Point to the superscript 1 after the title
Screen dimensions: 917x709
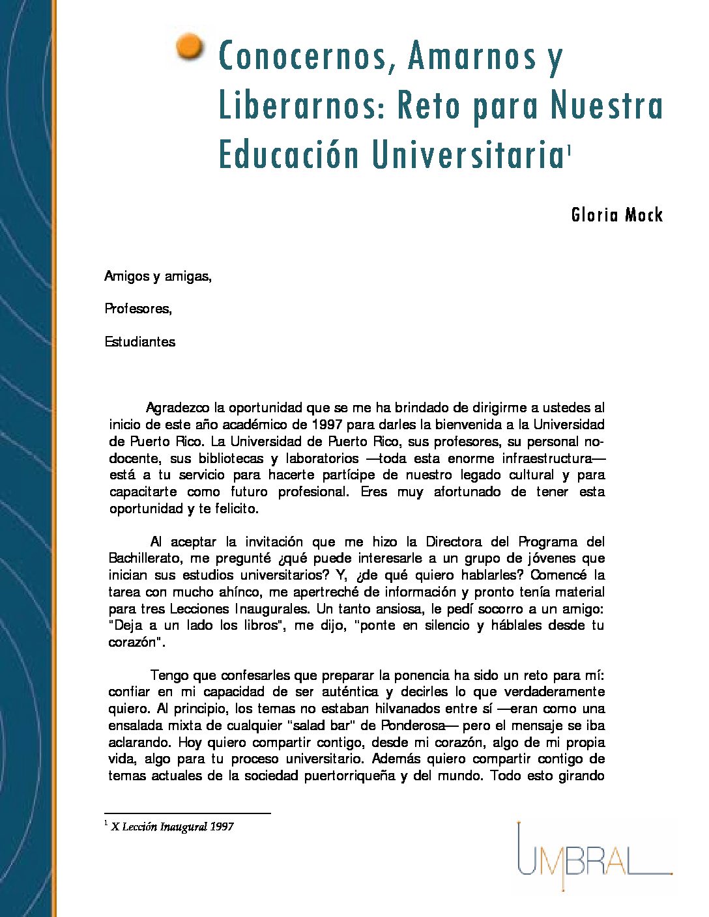[569, 151]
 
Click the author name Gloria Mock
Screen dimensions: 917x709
[616, 215]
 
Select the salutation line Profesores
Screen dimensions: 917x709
[138, 309]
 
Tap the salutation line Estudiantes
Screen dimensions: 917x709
[140, 342]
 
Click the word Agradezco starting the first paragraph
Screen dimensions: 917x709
[178, 408]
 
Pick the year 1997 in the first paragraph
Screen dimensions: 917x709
[326, 425]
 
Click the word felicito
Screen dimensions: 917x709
[237, 509]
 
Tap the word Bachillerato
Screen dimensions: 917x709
[147, 558]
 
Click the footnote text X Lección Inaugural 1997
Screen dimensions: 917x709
[173, 827]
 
